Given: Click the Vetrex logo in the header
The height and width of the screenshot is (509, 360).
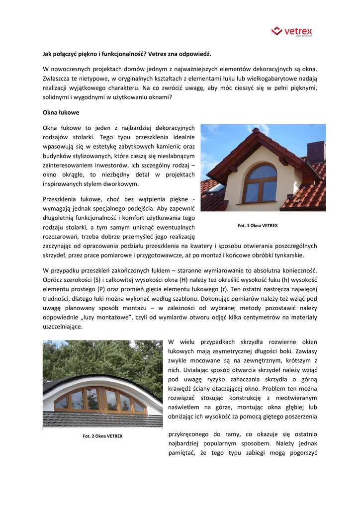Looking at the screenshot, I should tap(292, 32).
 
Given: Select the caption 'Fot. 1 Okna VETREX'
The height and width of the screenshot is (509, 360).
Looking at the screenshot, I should tap(258, 226).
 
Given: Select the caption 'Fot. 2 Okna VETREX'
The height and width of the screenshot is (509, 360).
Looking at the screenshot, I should tap(102, 436).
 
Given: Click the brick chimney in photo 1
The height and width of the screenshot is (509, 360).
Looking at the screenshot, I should tap(315, 152).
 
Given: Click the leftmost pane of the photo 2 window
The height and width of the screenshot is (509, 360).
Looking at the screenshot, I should tap(62, 402).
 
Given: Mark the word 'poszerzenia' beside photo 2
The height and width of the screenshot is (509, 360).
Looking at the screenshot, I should tap(300, 417).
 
